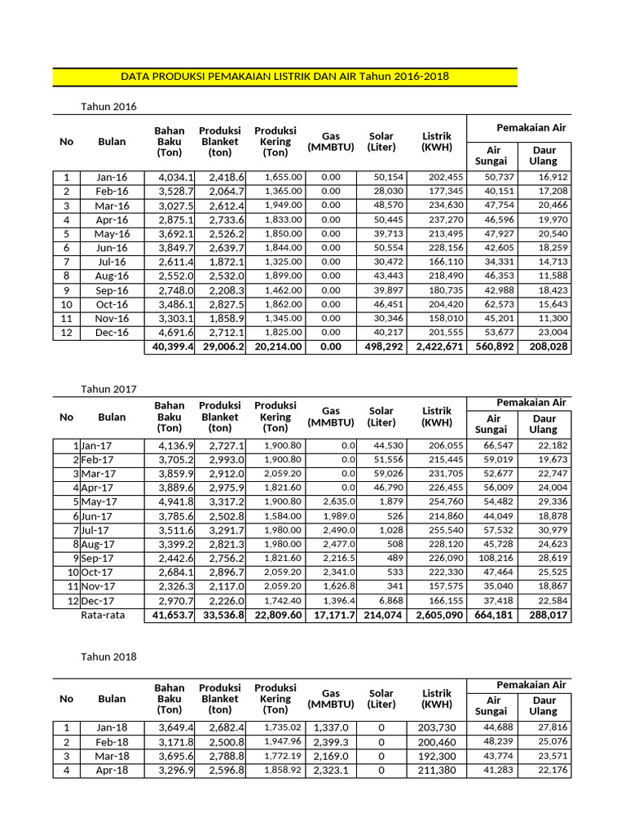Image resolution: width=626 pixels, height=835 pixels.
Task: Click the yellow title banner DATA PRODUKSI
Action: coord(284,77)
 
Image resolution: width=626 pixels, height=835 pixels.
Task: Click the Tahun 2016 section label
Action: coord(108,107)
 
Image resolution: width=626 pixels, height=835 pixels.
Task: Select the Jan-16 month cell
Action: coord(112,177)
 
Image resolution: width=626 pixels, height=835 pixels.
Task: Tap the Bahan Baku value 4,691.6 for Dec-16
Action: coord(170,333)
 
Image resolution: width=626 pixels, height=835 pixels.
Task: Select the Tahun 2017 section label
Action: coord(108,389)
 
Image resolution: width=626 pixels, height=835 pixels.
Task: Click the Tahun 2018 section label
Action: coord(108,656)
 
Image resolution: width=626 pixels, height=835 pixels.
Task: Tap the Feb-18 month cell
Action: coord(112,741)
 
